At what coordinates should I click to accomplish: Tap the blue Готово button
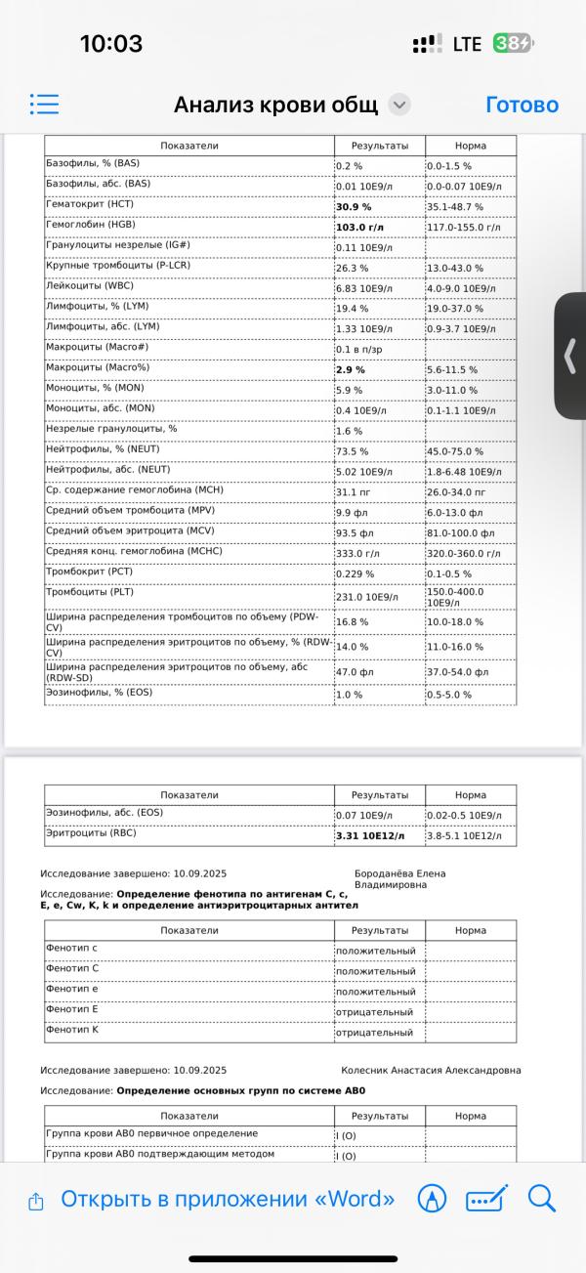pos(522,105)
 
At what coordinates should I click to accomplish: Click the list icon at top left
pos(45,105)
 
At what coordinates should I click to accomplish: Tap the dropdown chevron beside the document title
pos(399,106)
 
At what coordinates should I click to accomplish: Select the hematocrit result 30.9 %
pos(355,207)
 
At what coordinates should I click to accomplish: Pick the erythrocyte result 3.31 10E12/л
pos(370,836)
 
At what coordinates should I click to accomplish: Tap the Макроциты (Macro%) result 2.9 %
pos(351,370)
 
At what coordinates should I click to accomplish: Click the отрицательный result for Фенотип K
pos(374,1033)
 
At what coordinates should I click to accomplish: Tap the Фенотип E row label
pos(72,1008)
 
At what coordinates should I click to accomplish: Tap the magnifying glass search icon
pos(541,1198)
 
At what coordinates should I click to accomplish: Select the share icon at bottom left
pos(36,1200)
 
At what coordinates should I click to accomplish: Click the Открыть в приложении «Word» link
pos(228,1199)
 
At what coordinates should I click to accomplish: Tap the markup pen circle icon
pos(432,1199)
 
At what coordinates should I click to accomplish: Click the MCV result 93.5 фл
pos(354,533)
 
